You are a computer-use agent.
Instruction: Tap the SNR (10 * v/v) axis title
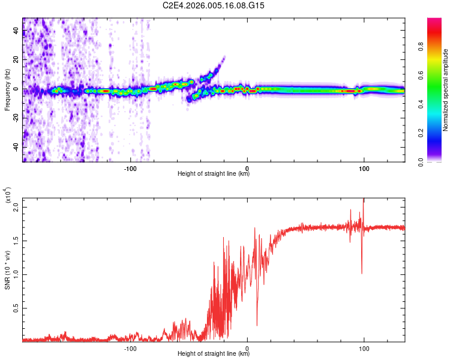(x=8, y=270)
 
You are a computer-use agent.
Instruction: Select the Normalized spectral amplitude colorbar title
(x=446, y=90)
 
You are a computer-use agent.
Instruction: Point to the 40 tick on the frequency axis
(x=16, y=32)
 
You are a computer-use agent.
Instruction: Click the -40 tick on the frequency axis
(x=16, y=146)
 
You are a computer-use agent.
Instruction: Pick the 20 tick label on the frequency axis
(x=16, y=61)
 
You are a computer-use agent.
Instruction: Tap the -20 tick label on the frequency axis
(x=16, y=118)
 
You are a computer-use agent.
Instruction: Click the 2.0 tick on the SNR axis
(x=16, y=206)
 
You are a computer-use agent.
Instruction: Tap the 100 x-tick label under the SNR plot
(x=364, y=348)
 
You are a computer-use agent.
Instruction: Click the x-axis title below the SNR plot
(x=214, y=354)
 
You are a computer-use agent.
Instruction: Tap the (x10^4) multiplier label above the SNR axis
(x=8, y=196)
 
